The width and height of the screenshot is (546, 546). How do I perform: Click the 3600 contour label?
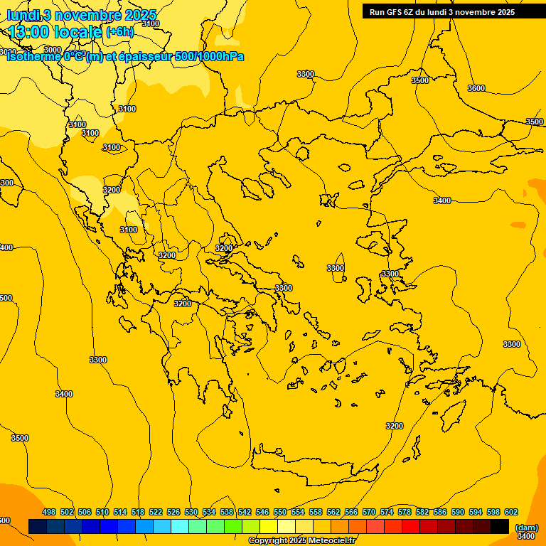(476, 88)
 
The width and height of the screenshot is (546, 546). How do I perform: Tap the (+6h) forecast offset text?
(119, 32)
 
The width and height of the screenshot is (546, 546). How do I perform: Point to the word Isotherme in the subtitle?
(33, 57)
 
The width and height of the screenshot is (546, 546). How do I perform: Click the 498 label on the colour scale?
(49, 512)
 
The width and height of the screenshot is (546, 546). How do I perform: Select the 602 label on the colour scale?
(511, 512)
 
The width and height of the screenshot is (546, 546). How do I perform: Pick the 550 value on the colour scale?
(280, 512)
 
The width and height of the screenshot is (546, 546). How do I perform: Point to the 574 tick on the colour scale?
(387, 512)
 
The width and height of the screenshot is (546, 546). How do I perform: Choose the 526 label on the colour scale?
(173, 512)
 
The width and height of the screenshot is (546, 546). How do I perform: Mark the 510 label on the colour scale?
(102, 512)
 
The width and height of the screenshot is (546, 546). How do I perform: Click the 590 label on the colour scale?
(458, 512)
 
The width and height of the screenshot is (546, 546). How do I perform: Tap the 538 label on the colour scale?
(227, 512)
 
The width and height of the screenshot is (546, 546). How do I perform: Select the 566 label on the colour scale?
(351, 512)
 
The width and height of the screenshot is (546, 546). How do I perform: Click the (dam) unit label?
(526, 528)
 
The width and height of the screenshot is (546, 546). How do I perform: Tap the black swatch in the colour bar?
(500, 526)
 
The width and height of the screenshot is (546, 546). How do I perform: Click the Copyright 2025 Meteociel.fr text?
(301, 541)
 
